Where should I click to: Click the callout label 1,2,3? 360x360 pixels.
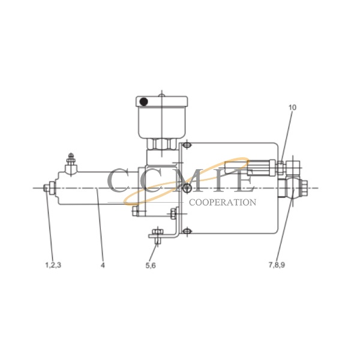point(52,263)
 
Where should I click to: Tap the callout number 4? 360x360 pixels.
point(103,263)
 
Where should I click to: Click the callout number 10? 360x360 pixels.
point(292,108)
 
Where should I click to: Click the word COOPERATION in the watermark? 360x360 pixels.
point(223,202)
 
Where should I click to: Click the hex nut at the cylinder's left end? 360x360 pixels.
point(46,188)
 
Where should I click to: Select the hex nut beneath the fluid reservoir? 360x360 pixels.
point(161,145)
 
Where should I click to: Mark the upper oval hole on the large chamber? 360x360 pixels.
point(186,146)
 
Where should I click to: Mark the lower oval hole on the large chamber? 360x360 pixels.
point(187,229)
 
